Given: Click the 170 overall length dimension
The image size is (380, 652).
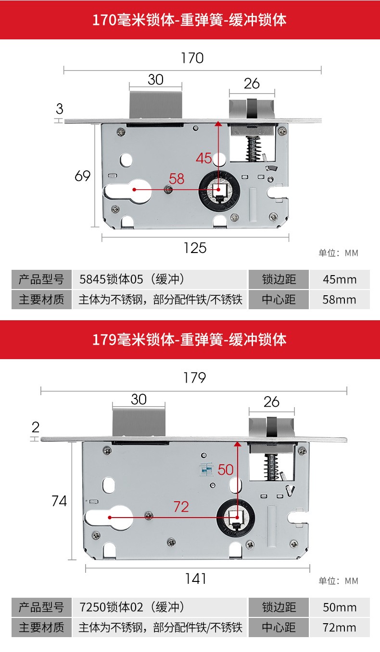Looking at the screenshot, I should tap(192, 58).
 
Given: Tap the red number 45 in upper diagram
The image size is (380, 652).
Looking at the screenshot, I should tap(204, 158).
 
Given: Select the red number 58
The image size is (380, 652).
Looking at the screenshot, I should tap(177, 179).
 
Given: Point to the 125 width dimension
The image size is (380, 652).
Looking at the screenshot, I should tap(195, 248).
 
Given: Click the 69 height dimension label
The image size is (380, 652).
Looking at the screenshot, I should tap(82, 176).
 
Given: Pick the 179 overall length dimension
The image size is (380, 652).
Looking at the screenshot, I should tap(194, 378).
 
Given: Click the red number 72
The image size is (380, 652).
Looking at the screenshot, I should tap(181, 507).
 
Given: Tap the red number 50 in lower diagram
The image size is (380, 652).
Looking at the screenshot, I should tap(225, 470).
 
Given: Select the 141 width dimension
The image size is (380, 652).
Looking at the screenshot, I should tap(195, 579).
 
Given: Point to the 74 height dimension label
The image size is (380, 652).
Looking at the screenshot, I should tap(59, 501).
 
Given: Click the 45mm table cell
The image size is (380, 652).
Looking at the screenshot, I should tap(340, 279).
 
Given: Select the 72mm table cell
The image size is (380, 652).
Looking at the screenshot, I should tap(340, 627).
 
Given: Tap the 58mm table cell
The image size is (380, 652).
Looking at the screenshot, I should tap(340, 300).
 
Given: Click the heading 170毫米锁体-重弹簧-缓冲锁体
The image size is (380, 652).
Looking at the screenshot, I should tap(190, 20).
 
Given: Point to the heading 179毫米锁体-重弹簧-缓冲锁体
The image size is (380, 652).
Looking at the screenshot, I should tap(190, 339).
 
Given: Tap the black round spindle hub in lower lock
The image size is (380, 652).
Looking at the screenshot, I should tap(235, 518).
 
